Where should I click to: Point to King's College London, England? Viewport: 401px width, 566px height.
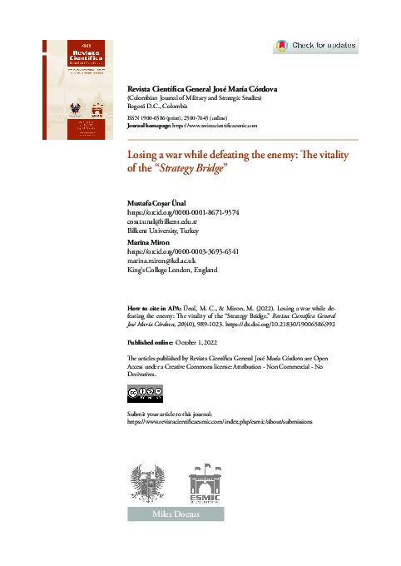click(x=171, y=270)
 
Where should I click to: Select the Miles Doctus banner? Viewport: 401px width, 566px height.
click(x=176, y=515)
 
